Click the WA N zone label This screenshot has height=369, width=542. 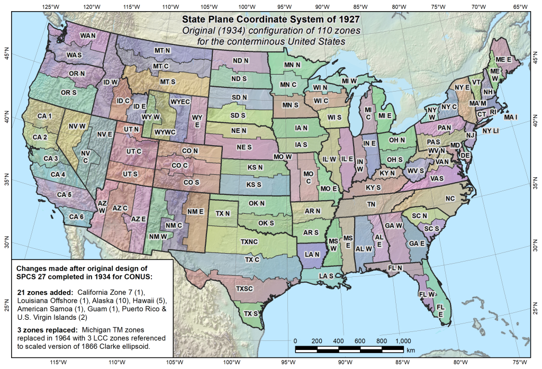[x=88, y=35]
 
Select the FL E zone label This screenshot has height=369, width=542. [x=440, y=310]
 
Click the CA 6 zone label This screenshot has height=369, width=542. [x=76, y=216]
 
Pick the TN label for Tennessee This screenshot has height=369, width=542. [x=372, y=204]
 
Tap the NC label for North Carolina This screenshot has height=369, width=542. [x=450, y=199]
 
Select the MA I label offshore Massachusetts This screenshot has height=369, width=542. [x=511, y=116]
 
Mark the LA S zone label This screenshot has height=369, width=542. [x=327, y=276]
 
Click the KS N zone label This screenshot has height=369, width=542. [x=255, y=167]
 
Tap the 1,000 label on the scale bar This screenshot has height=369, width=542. [x=404, y=340]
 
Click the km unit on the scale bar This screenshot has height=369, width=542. [x=411, y=350]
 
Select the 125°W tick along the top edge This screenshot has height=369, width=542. [x=51, y=7]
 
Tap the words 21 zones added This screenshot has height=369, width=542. [x=46, y=292]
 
